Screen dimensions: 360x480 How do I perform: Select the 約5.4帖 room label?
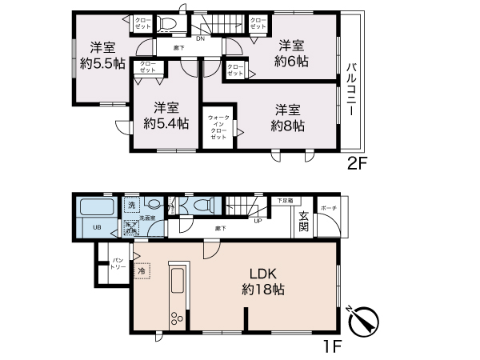pos(166,115)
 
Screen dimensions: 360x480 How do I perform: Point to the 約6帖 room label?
pos(289,53)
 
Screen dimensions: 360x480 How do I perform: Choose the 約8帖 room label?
pos(287,117)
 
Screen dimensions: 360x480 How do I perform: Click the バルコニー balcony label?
pos(350,90)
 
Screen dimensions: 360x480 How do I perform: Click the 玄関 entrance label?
pos(305,221)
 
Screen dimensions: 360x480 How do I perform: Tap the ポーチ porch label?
pos(327,209)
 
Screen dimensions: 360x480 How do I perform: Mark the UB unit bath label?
pos(95,227)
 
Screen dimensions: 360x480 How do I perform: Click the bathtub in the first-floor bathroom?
pos(96,209)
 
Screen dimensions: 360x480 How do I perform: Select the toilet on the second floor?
pos(167,22)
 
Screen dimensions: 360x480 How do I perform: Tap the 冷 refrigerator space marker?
pos(142,272)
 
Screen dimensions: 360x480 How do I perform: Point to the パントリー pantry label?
pos(118,264)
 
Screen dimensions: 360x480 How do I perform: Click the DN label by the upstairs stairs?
pos(199,36)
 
